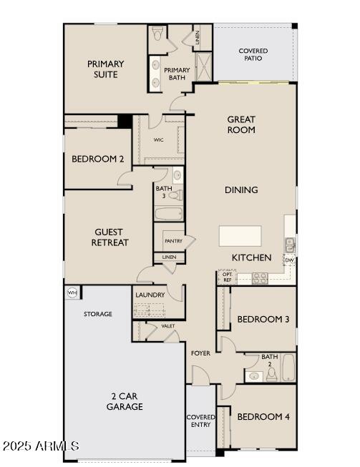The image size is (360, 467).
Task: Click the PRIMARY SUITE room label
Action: tap(105, 69)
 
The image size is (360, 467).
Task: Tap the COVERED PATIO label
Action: tap(253, 54)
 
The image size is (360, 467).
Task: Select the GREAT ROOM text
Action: tap(241, 124)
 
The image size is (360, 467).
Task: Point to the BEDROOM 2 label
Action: tap(97, 159)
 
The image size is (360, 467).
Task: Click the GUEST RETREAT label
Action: tap(110, 237)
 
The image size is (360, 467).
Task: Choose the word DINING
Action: tap(241, 190)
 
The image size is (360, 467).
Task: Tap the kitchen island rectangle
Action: tap(240, 236)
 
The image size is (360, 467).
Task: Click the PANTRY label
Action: tap(173, 241)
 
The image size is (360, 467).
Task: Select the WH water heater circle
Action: tap(72, 293)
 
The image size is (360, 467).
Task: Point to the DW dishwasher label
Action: tap(289, 260)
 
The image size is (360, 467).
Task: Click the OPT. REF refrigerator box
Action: tap(228, 277)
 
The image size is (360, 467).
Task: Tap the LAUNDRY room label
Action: tap(150, 295)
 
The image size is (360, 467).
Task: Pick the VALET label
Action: tap(167, 326)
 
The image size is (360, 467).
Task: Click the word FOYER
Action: tap(200, 353)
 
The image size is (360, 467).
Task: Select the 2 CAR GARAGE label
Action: tap(126, 401)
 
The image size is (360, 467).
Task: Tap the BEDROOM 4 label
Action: tap(263, 416)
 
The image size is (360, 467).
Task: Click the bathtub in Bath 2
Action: tap(288, 368)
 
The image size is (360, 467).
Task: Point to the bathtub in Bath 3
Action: tap(169, 213)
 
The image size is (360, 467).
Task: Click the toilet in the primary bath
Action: tap(157, 32)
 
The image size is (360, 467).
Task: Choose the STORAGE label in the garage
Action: tap(98, 314)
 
